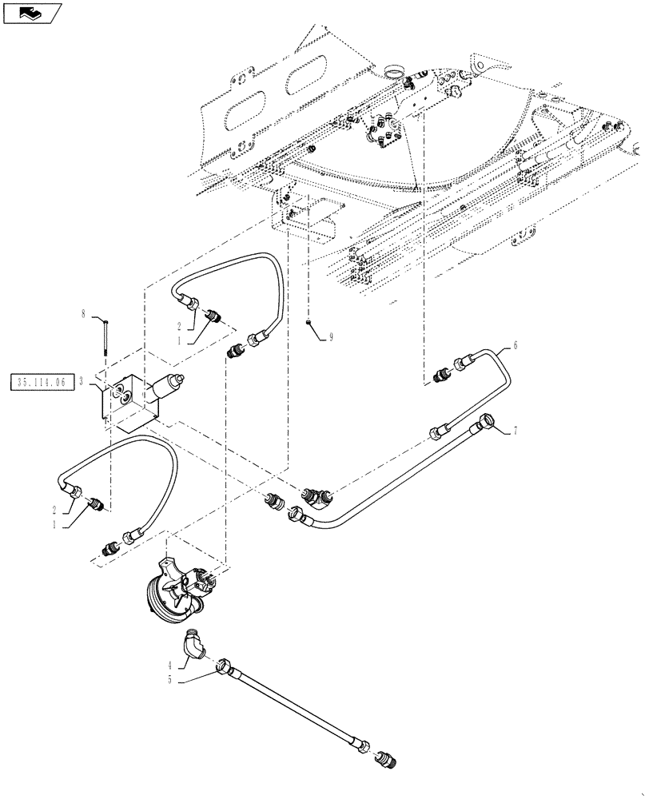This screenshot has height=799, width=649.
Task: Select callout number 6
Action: (x=515, y=345)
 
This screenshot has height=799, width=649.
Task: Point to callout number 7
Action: (x=515, y=431)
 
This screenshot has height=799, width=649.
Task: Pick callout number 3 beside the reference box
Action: (x=82, y=381)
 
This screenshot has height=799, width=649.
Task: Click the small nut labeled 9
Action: (x=308, y=322)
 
